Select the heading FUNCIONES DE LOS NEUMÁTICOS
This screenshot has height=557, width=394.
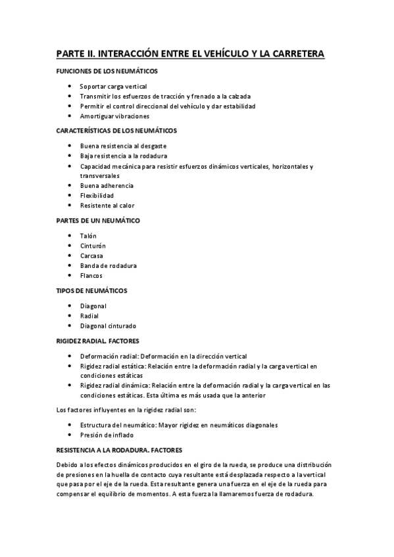[x=107, y=71]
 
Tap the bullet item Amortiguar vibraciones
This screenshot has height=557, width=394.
[x=114, y=116]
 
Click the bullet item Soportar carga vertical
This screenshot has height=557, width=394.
[x=113, y=86]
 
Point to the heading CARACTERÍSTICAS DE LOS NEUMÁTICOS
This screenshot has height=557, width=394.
[x=116, y=131]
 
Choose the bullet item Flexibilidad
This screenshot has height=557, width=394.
[x=97, y=196]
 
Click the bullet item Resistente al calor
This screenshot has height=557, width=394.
[x=107, y=206]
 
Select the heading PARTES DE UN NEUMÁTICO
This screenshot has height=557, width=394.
[x=98, y=221]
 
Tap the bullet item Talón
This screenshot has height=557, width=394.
[x=88, y=235]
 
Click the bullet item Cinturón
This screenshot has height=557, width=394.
[x=92, y=246]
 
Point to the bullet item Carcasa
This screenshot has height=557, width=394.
[x=91, y=256]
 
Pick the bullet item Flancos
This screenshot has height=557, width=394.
[x=91, y=276]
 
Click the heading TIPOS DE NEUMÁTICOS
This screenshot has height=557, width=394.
[x=91, y=290]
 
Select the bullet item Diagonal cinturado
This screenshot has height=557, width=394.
[x=108, y=326]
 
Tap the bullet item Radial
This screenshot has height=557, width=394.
[x=89, y=316]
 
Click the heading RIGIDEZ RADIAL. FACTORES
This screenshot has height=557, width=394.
[x=97, y=341]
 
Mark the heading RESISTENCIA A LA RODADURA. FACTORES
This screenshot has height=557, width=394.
[x=119, y=450]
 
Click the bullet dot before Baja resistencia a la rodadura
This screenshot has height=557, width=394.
[x=70, y=156]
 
